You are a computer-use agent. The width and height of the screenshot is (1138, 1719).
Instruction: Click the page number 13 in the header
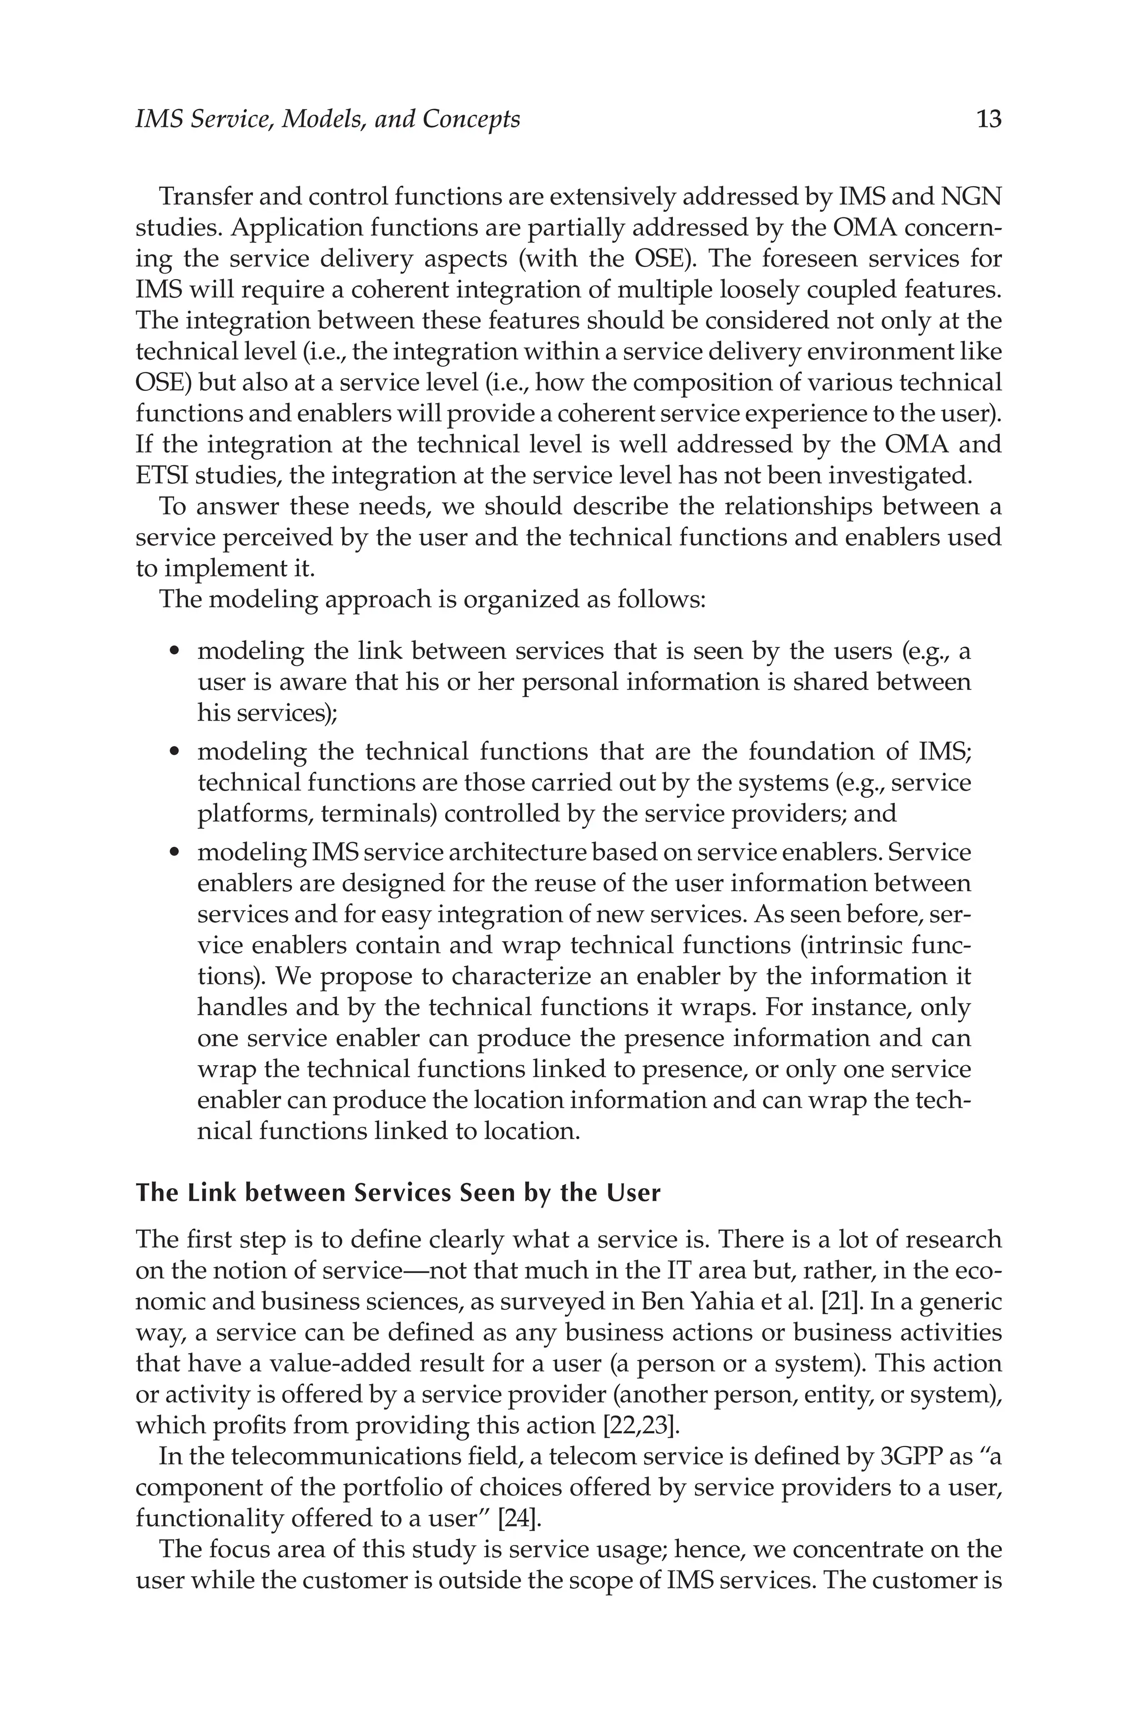coord(989,119)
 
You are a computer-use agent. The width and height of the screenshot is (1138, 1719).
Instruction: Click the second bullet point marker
coord(174,752)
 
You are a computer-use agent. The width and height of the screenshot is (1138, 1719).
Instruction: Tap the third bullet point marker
coord(174,853)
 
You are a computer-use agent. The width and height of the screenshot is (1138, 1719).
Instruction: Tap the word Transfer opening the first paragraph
coord(204,196)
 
